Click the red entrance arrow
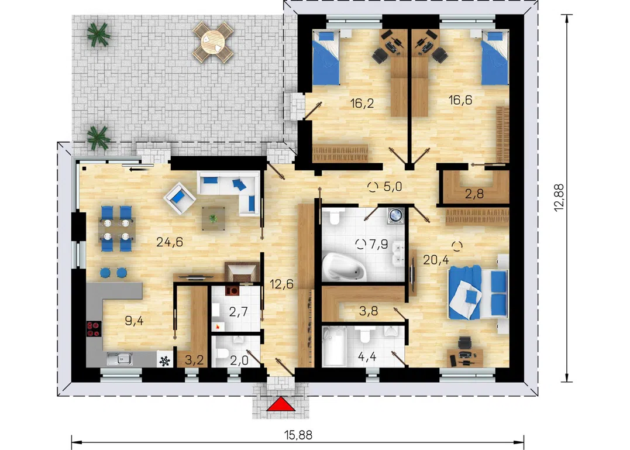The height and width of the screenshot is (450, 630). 281,404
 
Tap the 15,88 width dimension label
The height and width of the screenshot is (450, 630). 298,435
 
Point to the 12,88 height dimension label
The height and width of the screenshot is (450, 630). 559,198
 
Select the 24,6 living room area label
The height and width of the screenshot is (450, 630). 170,242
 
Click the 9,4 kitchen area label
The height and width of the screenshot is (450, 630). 134,321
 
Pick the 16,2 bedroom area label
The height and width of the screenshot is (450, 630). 362,103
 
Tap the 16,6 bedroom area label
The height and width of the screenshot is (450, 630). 460,99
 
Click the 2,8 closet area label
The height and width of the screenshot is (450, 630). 474,194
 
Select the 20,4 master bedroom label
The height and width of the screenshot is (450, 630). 436,260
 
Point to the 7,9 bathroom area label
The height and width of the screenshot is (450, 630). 378,243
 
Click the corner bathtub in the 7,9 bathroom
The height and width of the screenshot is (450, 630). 344,266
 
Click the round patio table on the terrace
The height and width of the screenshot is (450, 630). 213,42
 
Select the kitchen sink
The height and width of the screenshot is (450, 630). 120,359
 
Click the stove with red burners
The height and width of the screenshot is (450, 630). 94,329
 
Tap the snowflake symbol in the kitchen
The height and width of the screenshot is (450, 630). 164,361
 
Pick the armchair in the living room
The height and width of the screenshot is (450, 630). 180,197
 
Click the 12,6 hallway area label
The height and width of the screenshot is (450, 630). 281,284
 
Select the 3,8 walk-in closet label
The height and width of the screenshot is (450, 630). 369,311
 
